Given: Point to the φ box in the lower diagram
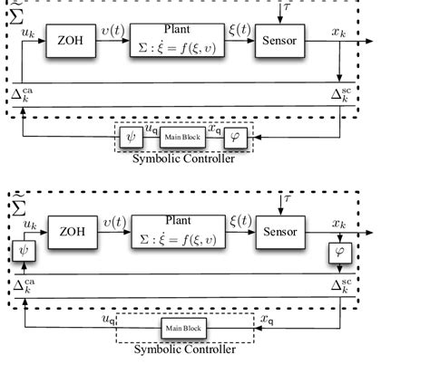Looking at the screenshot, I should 340,247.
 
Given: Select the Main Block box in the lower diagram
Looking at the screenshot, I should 182,327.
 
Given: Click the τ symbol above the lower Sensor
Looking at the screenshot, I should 287,198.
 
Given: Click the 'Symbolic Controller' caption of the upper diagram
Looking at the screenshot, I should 184,158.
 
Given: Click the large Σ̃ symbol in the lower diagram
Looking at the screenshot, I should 19,207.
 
